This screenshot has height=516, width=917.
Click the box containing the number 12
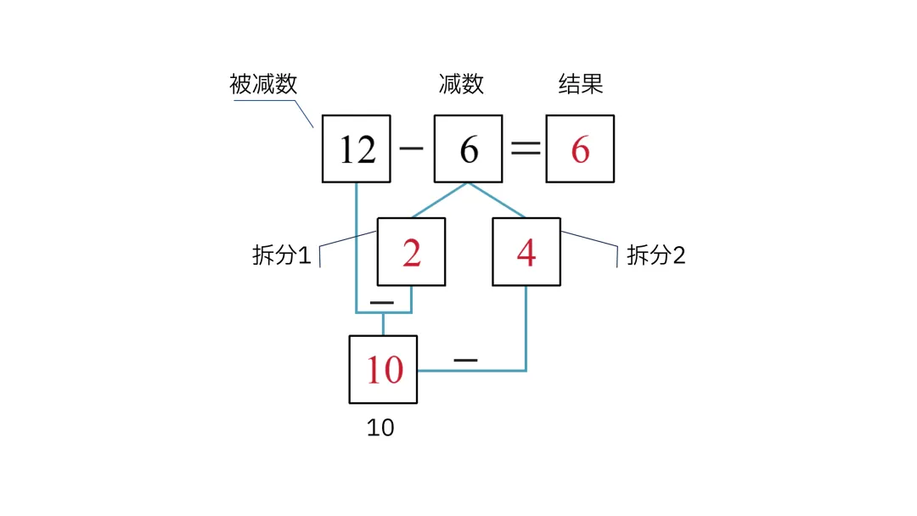point(356,149)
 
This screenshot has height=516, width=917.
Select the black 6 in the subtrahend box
point(469,149)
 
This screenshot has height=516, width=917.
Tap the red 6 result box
point(580,149)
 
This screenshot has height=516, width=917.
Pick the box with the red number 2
point(411,252)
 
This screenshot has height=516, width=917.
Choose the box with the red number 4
point(526,252)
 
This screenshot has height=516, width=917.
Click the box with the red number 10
point(383,369)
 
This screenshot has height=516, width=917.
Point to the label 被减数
point(263,84)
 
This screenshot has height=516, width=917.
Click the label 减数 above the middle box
point(461,84)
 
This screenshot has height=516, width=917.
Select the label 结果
point(580,84)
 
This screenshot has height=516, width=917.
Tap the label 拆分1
point(281,255)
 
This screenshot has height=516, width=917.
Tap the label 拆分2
point(655,255)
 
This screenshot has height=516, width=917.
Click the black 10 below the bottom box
point(380,428)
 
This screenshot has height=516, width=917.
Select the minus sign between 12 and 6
point(411,149)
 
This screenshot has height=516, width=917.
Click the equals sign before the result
point(526,149)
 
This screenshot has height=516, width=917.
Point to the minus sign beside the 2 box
point(382,303)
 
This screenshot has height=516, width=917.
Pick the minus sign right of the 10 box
point(465,360)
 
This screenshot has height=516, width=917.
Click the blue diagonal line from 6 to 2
point(440,200)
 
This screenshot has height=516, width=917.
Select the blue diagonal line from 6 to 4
point(497,200)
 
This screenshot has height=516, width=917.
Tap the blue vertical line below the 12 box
point(356,248)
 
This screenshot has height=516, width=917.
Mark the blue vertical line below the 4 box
point(526,328)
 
